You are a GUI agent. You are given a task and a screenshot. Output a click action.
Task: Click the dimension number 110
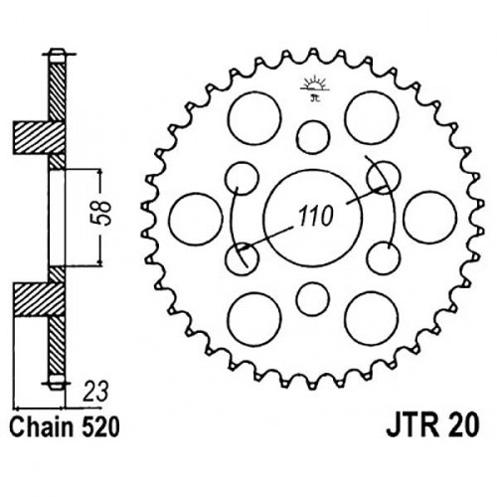tap(315, 217)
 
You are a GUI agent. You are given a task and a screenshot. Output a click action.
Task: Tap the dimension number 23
tap(95, 392)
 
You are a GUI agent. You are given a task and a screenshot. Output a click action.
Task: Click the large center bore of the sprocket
tap(312, 219)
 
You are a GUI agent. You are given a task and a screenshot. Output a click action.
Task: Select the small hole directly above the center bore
tap(313, 137)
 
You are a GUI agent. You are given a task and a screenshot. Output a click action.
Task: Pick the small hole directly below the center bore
tap(313, 299)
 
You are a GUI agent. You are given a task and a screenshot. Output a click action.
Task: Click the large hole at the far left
tap(195, 219)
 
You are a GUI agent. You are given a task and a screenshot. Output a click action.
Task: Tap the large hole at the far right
tap(430, 218)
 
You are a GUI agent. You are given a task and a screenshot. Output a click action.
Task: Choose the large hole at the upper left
tap(254, 118)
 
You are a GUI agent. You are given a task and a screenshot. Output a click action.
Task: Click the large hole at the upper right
tap(371, 117)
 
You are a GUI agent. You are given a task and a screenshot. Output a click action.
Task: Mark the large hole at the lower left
tap(254, 319)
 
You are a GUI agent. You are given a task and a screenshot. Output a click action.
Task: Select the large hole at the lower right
tap(372, 319)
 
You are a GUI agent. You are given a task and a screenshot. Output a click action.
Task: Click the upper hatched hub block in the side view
tap(39, 137)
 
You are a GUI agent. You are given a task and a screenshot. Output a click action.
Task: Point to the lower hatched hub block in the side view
tap(39, 299)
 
